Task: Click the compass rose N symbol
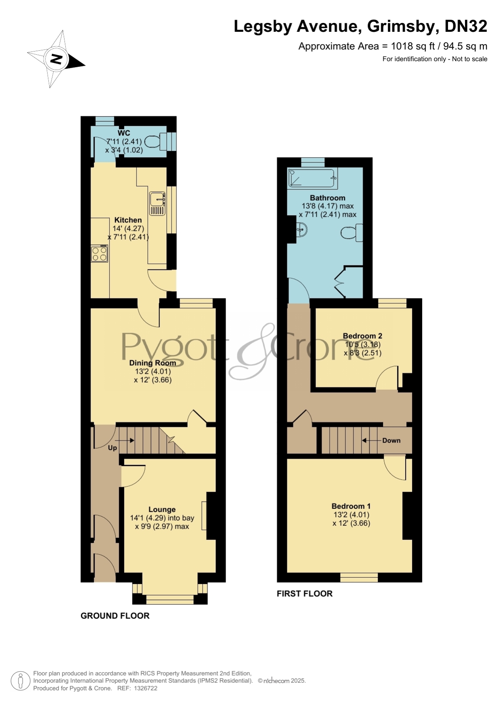(56, 59)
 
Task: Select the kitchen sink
(157, 204)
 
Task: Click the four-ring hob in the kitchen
(100, 253)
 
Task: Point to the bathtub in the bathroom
(312, 178)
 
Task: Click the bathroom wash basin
(301, 230)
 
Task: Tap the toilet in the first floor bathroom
(352, 233)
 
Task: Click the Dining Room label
(153, 363)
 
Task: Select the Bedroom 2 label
(363, 336)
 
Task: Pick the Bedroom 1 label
(351, 506)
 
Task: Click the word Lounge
(162, 510)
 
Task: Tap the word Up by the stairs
(112, 448)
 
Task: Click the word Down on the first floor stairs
(392, 440)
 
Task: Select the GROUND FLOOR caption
(115, 616)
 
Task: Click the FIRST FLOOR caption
(305, 594)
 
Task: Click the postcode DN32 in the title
(466, 27)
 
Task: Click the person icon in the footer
(20, 681)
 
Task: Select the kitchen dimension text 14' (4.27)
(128, 228)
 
